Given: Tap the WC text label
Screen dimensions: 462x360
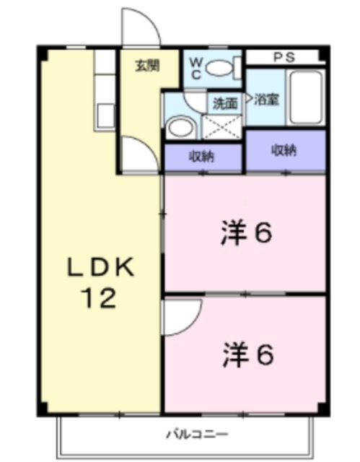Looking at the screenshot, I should point(196,68).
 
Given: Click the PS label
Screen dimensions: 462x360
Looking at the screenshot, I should point(283,56).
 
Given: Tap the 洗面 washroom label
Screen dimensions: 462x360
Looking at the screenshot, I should point(224,103).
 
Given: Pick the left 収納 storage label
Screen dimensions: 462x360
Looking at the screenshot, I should point(201,156).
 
